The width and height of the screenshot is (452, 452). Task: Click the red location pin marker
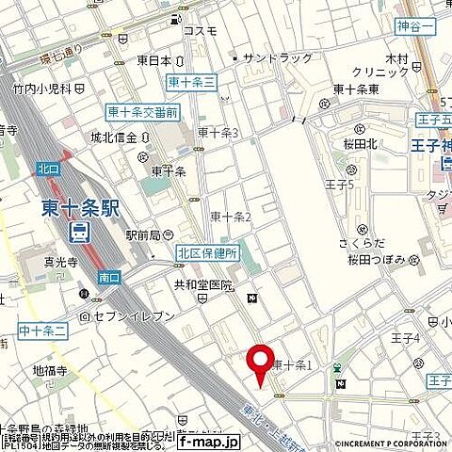(256, 365)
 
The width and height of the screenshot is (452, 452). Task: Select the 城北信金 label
(124, 137)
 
